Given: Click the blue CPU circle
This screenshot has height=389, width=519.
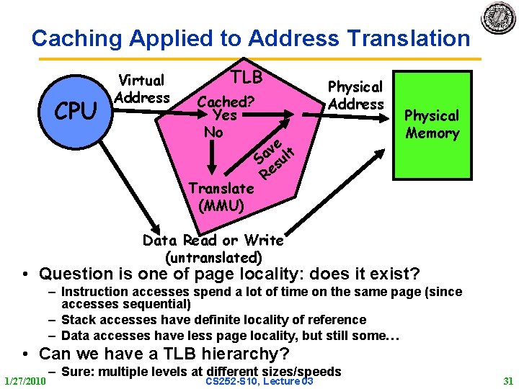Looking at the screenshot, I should pos(75,111).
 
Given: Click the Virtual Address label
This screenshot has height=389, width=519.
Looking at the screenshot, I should pos(142,89).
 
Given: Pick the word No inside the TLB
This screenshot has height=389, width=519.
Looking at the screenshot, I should pos(213,133).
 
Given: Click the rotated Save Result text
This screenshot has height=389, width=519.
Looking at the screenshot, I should pos(275,155).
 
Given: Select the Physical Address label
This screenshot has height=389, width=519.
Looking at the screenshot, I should pos(355,95).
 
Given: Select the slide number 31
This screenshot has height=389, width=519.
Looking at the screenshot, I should pos(509,380).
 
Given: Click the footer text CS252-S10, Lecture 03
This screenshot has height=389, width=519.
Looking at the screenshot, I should pos(259,380).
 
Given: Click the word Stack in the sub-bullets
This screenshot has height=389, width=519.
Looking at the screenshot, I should pos(79,319).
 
